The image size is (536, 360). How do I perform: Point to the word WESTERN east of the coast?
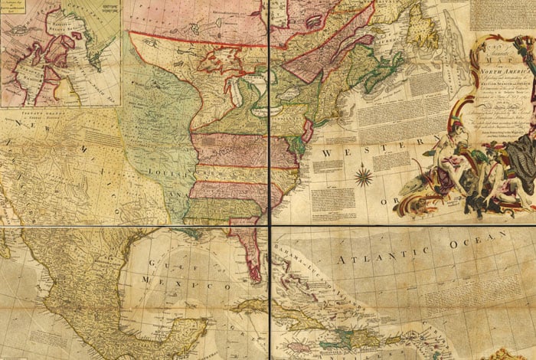(x=349, y=155)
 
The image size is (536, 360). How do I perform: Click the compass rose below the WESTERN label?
(x=364, y=178)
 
